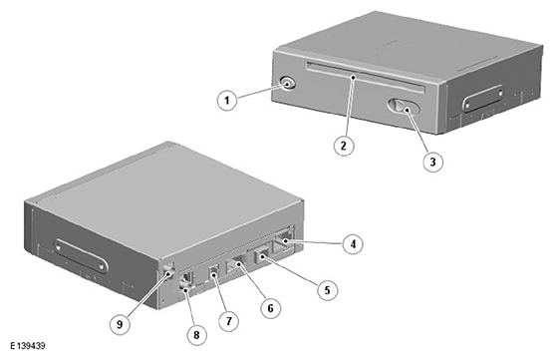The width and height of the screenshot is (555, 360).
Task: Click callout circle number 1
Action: pos(227,101)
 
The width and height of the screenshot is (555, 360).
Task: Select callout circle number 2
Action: pos(344,145)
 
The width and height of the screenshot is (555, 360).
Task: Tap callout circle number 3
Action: pos(432,162)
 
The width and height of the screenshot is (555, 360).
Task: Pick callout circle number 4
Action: pos(353,244)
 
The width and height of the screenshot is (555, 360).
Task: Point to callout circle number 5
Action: pos(328,290)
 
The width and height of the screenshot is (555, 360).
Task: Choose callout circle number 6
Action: pos(270,308)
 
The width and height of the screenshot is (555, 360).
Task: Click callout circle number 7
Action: pos(228,321)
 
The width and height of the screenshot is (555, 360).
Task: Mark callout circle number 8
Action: pos(196,335)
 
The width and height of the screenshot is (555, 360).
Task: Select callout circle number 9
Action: pos(120,324)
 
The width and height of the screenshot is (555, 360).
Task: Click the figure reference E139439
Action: pos(28,345)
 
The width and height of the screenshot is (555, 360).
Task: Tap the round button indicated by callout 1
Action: pos(288,84)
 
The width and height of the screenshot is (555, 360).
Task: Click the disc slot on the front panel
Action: pos(366,77)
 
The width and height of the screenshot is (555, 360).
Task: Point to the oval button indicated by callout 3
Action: pos(404,106)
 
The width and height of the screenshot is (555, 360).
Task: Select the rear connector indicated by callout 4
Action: pos(284,240)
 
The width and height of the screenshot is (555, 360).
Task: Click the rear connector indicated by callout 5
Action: pos(261,254)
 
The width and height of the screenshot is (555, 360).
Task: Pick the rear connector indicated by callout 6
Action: pos(236,264)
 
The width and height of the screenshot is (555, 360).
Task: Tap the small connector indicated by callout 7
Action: pos(214,272)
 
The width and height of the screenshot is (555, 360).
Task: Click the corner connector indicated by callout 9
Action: pos(168,271)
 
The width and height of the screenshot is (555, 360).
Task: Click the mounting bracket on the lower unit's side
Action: pos(81,256)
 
